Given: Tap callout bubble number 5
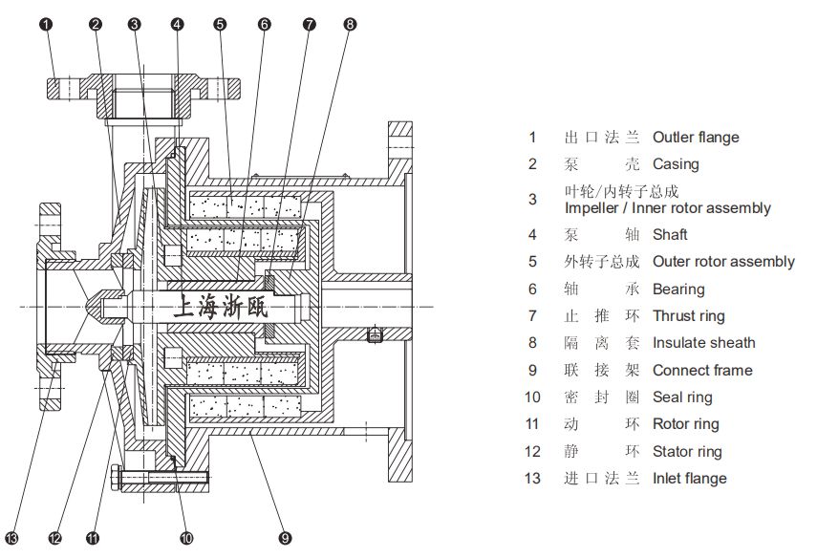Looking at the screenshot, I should [220, 24].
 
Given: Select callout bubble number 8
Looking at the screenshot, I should [351, 24].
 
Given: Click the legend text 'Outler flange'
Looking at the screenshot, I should [695, 138].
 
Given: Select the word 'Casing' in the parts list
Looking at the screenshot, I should [676, 164].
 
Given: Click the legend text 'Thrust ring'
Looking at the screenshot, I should [688, 316].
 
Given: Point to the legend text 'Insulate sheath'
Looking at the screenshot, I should [703, 343].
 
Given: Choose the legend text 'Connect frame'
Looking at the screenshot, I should [701, 371].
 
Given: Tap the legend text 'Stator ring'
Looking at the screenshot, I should [687, 452].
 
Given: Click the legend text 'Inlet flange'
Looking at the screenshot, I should [689, 479].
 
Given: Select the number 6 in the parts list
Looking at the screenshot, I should [533, 289].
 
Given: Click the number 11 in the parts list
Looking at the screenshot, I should [533, 424].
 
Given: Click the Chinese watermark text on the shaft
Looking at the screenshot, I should [225, 307].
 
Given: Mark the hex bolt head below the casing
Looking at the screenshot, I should [116, 475].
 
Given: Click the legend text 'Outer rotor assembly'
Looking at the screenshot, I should [723, 262].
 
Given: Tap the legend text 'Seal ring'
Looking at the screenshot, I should [682, 397].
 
